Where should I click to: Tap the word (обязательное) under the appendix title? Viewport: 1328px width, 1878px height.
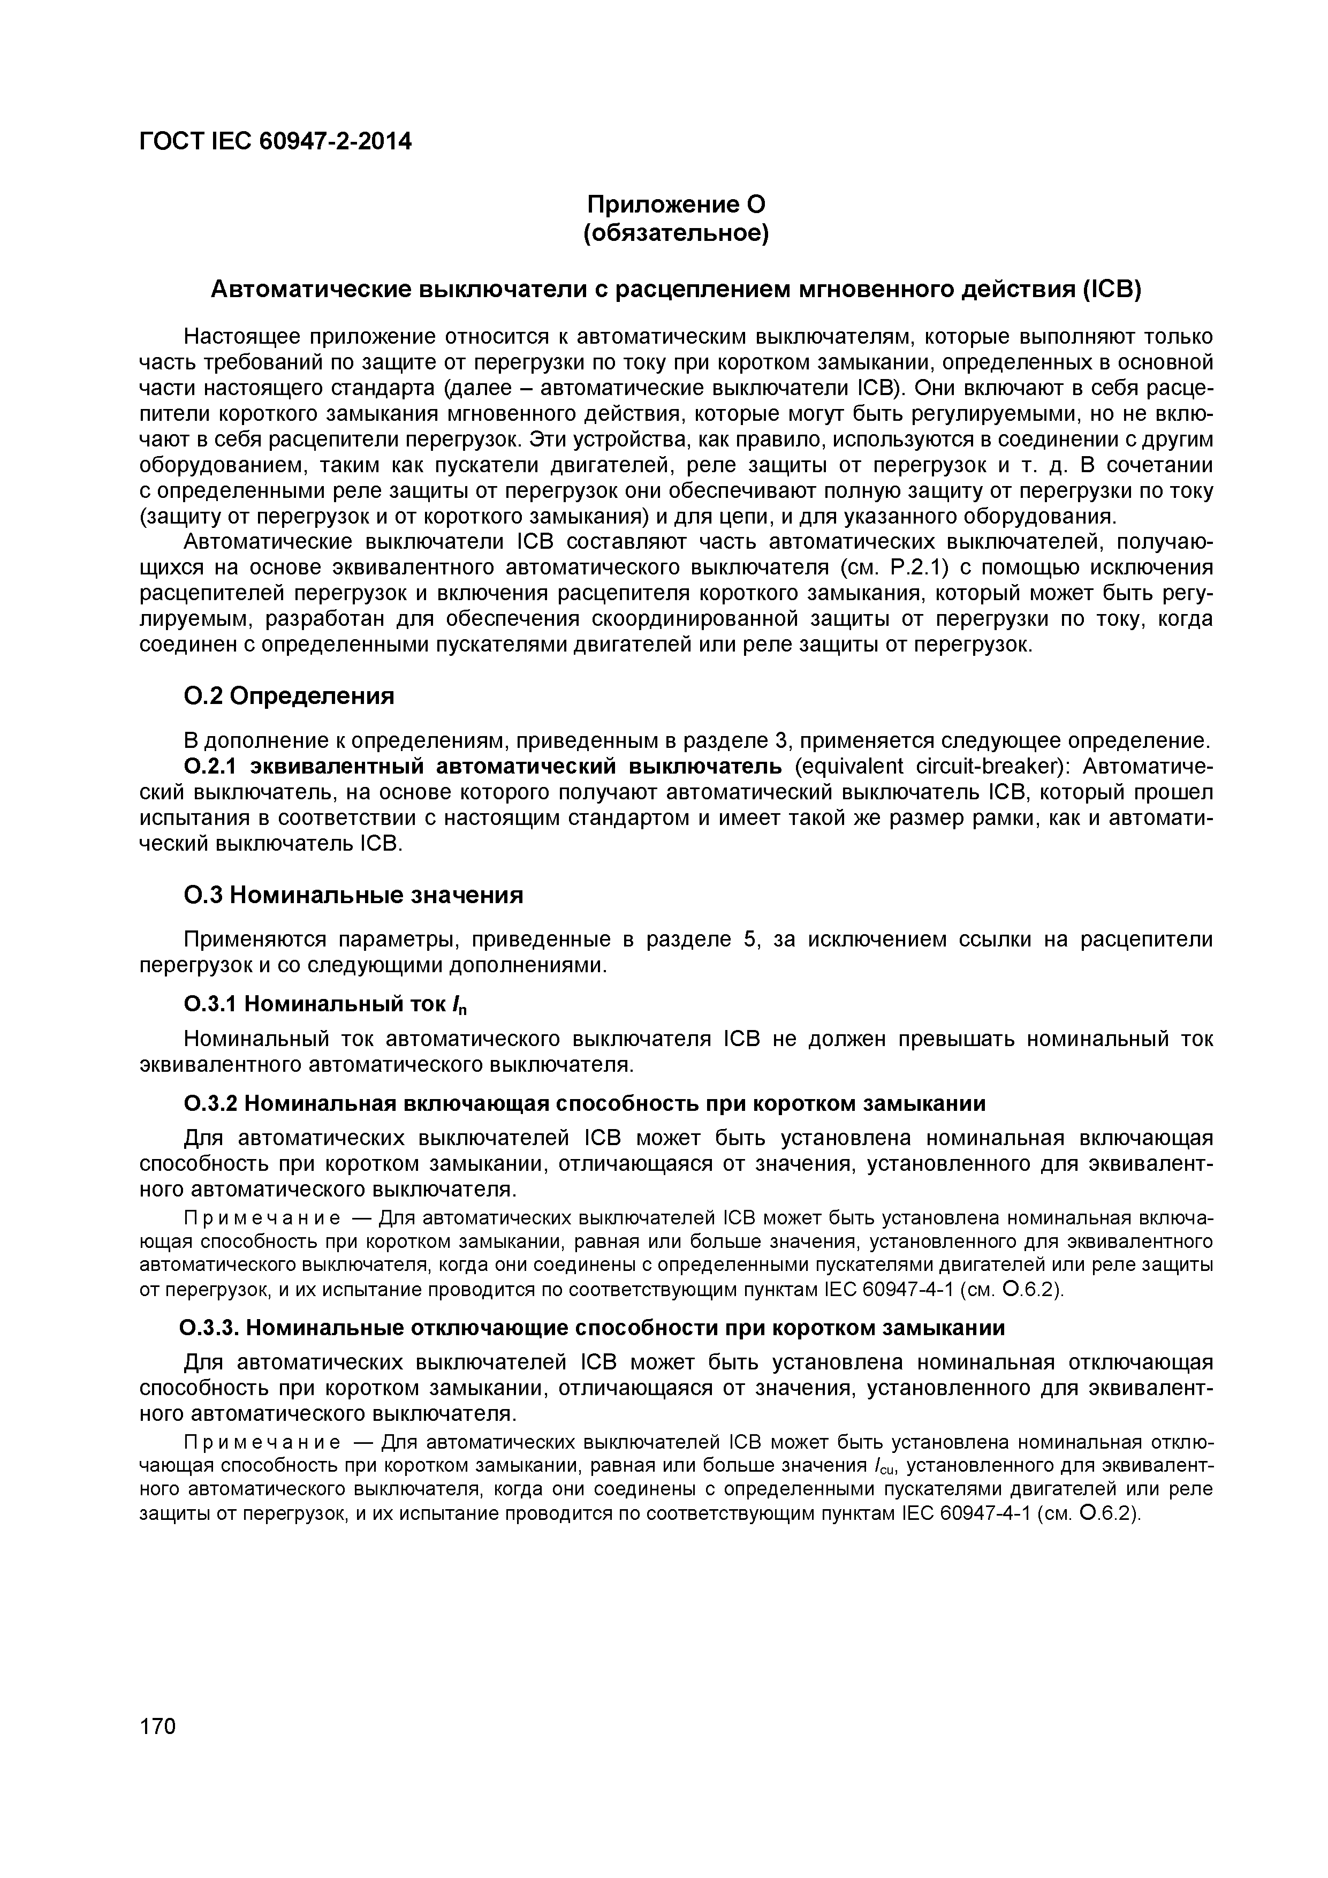coord(676,234)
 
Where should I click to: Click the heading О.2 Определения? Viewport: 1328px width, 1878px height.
coord(288,696)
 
